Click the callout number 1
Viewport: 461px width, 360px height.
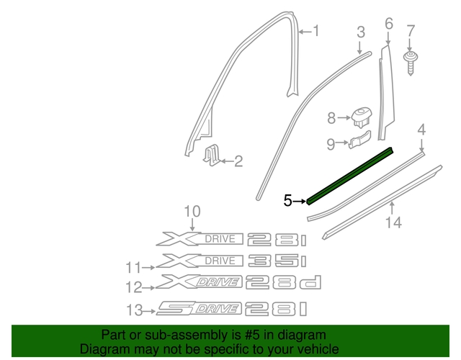point(313,31)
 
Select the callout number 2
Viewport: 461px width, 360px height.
point(238,162)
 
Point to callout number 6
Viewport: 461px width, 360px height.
point(389,24)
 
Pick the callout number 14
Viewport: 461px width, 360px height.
point(392,223)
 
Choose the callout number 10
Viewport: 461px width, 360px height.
point(191,211)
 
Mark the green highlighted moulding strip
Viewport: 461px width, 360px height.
point(351,176)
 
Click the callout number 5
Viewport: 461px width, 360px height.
point(288,200)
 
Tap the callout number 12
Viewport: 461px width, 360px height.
point(134,287)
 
